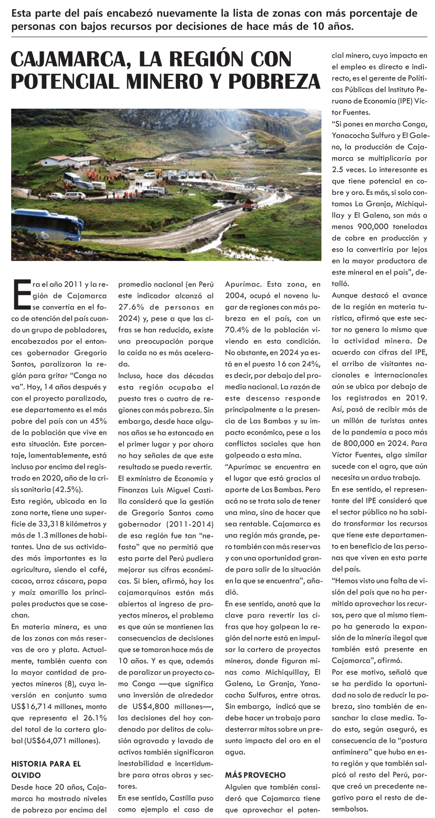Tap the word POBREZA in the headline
click(x=274, y=82)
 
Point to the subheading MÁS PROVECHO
click(x=255, y=775)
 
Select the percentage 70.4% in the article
click(x=238, y=330)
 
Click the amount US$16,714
click(x=34, y=706)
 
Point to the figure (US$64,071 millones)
click(x=56, y=741)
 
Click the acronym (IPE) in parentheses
click(x=404, y=101)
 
